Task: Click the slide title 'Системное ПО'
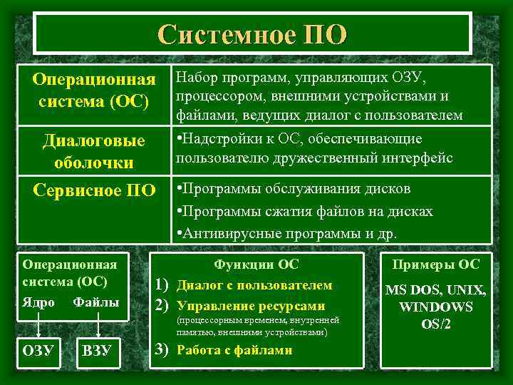pos(253,34)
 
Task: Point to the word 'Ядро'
pos(38,302)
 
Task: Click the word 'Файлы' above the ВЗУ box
pos(96,302)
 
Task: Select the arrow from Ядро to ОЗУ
pos(38,324)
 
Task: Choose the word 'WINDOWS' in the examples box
pos(436,307)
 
